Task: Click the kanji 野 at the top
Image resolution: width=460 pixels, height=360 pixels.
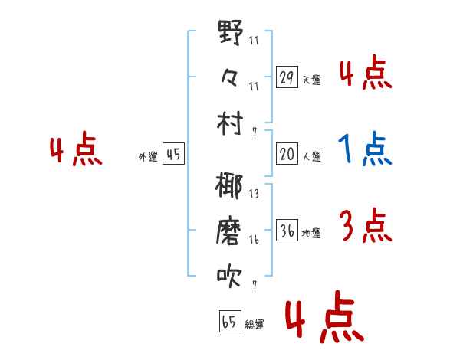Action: [x=231, y=32]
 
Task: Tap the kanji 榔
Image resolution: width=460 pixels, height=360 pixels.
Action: [x=229, y=185]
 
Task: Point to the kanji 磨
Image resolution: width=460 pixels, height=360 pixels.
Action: [x=228, y=231]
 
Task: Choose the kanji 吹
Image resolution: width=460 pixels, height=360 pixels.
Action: [x=229, y=277]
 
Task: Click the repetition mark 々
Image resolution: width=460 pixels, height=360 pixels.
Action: [x=229, y=78]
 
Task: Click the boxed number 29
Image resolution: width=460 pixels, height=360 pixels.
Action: [x=287, y=77]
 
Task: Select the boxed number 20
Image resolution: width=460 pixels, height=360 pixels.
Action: [x=287, y=154]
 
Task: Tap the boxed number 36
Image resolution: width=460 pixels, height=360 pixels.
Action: [x=287, y=230]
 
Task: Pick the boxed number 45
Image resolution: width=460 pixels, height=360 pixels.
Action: [x=173, y=154]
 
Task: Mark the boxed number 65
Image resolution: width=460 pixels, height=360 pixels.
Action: [x=230, y=321]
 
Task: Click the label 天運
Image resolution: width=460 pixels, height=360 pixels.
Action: [x=312, y=80]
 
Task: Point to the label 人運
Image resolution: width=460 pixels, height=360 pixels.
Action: [x=312, y=156]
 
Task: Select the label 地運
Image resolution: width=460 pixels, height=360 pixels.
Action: [x=311, y=233]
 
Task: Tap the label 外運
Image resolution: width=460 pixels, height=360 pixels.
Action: [x=148, y=156]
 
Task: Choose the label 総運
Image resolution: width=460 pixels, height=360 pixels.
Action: [x=255, y=324]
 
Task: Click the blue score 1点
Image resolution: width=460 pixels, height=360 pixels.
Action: [x=365, y=149]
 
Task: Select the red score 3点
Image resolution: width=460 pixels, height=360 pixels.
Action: [x=366, y=225]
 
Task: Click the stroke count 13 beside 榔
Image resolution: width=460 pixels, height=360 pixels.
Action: [x=254, y=194]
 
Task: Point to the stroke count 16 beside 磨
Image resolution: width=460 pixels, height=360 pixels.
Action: [x=254, y=240]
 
